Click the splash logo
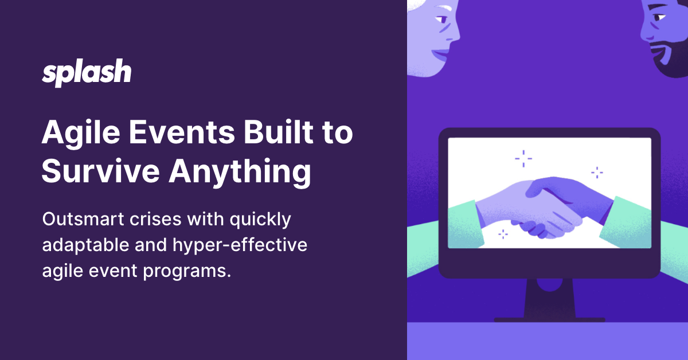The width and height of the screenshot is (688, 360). [87, 73]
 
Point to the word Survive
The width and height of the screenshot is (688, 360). [100, 171]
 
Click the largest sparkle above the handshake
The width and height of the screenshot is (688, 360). [523, 158]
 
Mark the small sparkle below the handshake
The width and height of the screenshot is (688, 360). [503, 234]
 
